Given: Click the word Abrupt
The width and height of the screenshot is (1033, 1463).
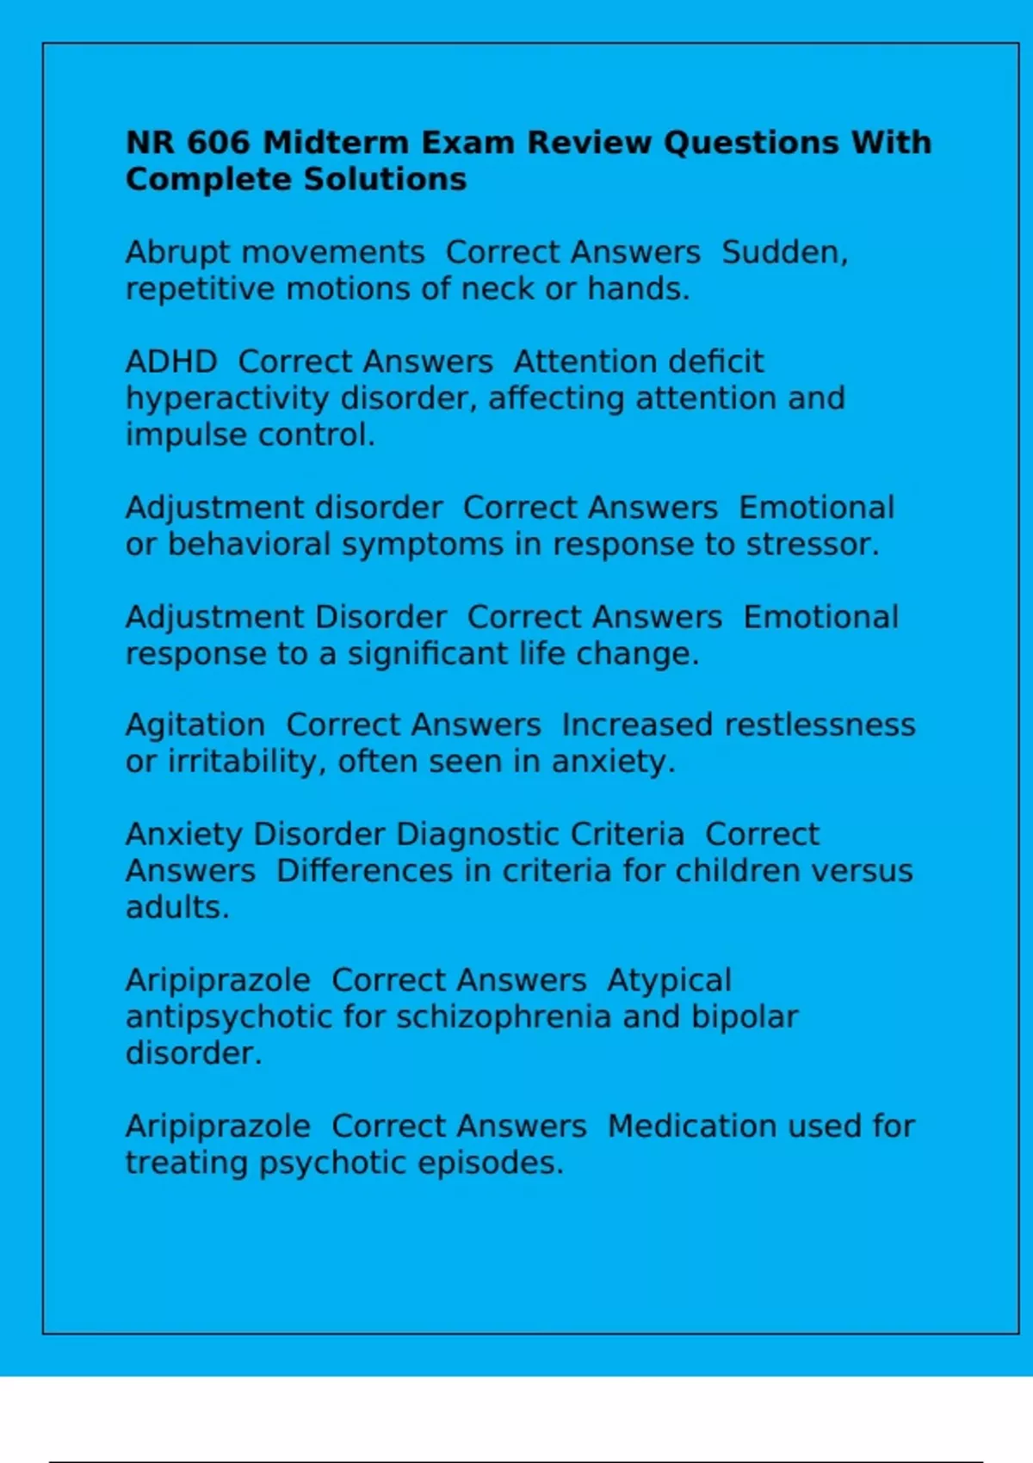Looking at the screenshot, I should (178, 253).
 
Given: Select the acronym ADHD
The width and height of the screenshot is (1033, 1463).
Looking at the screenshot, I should (171, 361).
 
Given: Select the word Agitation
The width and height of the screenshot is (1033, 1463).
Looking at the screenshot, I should (195, 725).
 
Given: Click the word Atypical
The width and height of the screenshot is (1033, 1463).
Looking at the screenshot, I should (669, 980).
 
